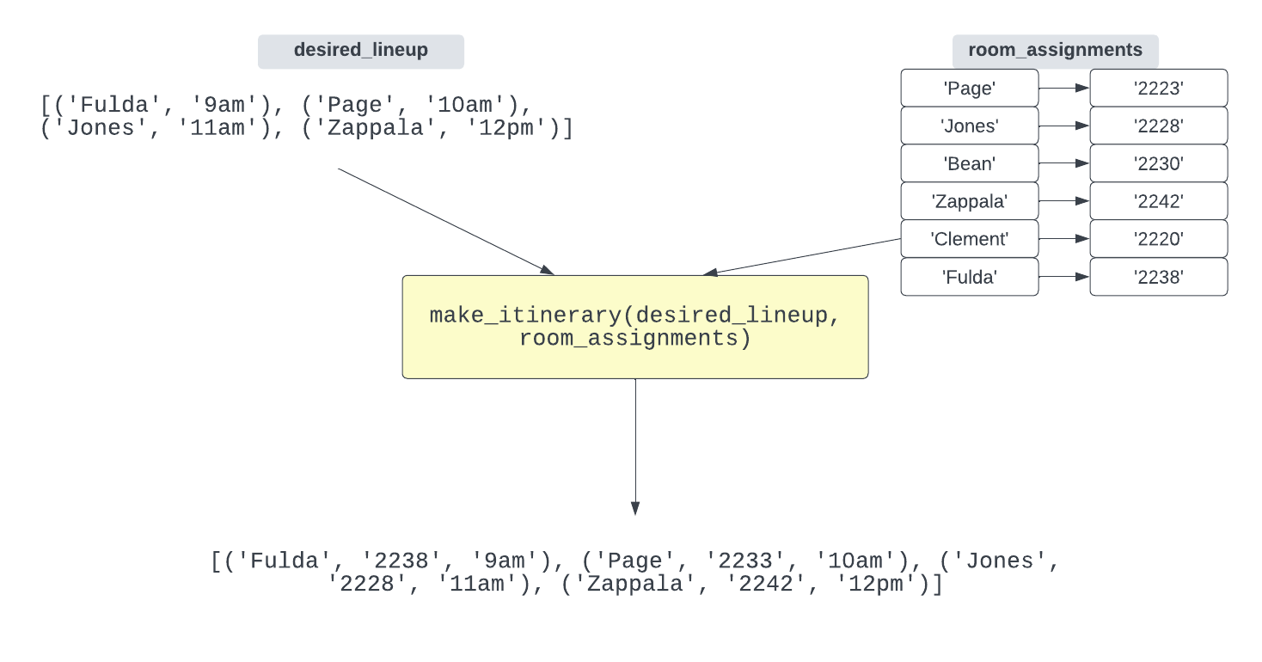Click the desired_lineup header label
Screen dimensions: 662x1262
click(x=360, y=51)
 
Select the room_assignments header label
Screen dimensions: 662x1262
click(x=1055, y=51)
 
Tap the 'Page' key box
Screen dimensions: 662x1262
click(x=969, y=88)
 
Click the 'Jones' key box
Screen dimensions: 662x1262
click(x=969, y=126)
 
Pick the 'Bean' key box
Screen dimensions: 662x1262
click(x=969, y=163)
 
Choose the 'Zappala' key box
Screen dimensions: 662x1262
click(x=969, y=201)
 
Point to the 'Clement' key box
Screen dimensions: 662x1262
click(x=969, y=239)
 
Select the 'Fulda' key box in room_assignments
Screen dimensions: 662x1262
click(x=969, y=277)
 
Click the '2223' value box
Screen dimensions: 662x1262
click(x=1158, y=88)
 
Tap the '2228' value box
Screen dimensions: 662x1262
click(x=1158, y=126)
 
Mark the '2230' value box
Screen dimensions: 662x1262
click(x=1158, y=163)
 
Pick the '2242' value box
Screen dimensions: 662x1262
click(x=1158, y=201)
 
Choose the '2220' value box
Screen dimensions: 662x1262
click(x=1158, y=239)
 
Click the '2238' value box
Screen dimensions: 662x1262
click(x=1158, y=277)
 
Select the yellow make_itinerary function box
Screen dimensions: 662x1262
click(x=634, y=327)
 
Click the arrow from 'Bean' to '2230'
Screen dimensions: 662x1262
click(x=1063, y=163)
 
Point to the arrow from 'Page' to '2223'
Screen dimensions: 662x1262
click(x=1063, y=88)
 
